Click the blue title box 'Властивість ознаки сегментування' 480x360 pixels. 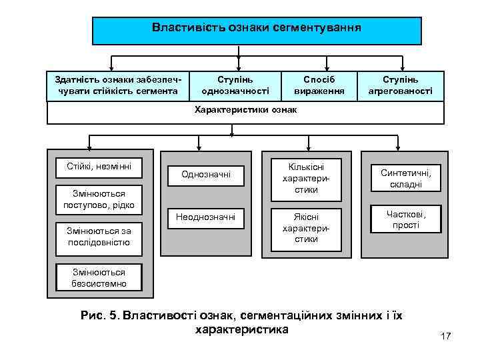point(257,30)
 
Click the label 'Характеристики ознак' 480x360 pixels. point(245,110)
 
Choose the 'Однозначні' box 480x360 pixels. point(206,175)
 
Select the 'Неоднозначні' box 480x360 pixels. point(206,217)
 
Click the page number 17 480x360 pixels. point(445,337)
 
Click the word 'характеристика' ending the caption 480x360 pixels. point(241,329)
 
